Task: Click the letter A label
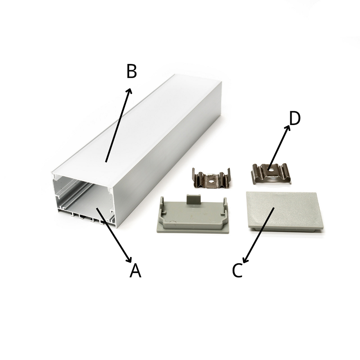coord(135,270)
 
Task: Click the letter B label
coord(131,71)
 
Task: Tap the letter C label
coord(237,270)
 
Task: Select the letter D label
coord(295,118)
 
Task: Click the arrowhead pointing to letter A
coord(129,260)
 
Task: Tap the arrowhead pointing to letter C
coord(245,260)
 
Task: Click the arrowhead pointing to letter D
coord(288,128)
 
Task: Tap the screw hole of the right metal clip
coord(271,170)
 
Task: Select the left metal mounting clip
coord(211,178)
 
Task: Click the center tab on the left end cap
coord(193,199)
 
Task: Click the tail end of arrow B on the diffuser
coord(106,162)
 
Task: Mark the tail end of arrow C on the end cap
coord(274,208)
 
